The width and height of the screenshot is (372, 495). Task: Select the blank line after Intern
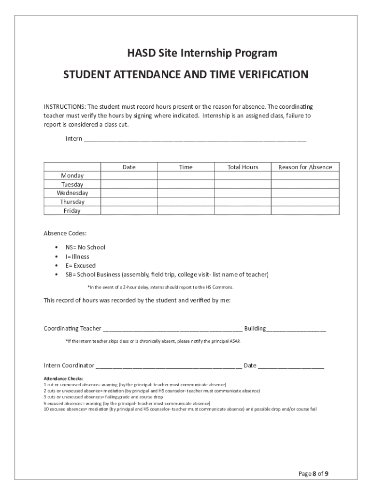coord(195,140)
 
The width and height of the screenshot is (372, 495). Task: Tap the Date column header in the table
coord(129,167)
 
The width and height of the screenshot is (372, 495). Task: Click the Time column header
coord(186,167)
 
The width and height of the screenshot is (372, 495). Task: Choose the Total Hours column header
coord(243,167)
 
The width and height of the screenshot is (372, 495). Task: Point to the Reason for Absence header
coord(305,167)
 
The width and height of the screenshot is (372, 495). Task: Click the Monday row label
coord(72,176)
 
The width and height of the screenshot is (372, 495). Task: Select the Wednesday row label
coord(72,193)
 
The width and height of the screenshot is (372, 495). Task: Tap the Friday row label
coord(72,211)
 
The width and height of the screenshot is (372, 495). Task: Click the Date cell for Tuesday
coord(129,185)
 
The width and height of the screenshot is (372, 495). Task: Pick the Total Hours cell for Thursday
coord(243,202)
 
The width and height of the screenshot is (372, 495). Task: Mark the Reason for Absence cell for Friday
coord(305,211)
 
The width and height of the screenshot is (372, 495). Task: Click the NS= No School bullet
coord(86,247)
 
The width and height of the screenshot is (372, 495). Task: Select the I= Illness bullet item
coord(77,257)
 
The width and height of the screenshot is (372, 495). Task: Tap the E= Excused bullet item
coord(81,265)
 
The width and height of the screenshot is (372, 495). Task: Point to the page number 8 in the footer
coord(314,474)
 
